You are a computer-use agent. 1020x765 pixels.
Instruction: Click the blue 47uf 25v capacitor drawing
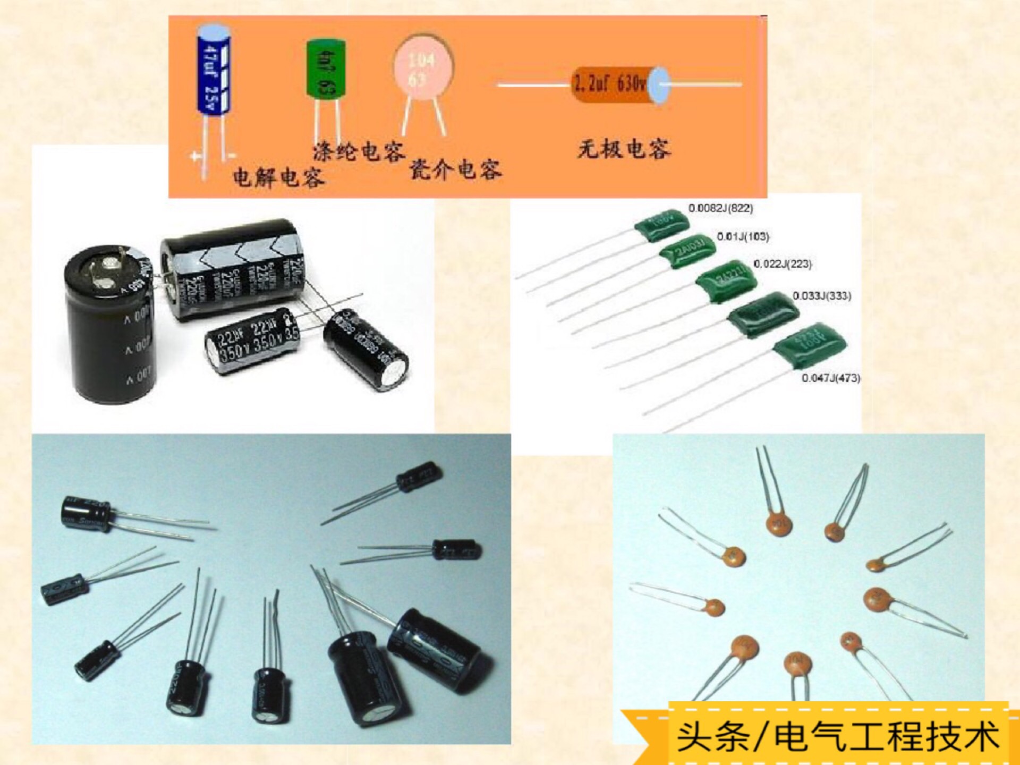point(214,69)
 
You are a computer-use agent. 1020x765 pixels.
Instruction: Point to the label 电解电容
point(278,177)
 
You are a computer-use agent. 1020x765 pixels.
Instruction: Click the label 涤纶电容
point(359,151)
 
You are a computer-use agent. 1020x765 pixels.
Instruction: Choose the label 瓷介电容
point(456,169)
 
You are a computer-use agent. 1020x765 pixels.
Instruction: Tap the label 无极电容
point(624,149)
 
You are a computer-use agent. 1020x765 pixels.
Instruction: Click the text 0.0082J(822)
point(720,208)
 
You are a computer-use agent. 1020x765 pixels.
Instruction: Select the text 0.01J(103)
point(743,236)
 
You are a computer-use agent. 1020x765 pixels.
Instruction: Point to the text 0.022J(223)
point(783,264)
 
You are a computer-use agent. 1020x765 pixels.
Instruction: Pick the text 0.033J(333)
point(821,296)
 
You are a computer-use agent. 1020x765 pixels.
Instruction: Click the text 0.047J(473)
point(830,378)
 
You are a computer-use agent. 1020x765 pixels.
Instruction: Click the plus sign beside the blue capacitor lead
point(195,157)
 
